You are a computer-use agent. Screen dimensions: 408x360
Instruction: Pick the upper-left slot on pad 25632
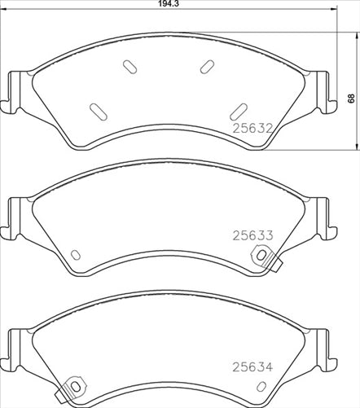coord(130,66)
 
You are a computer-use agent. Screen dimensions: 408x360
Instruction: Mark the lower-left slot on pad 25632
coord(95,109)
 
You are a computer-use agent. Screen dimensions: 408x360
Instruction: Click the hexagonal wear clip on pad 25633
coord(261,256)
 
